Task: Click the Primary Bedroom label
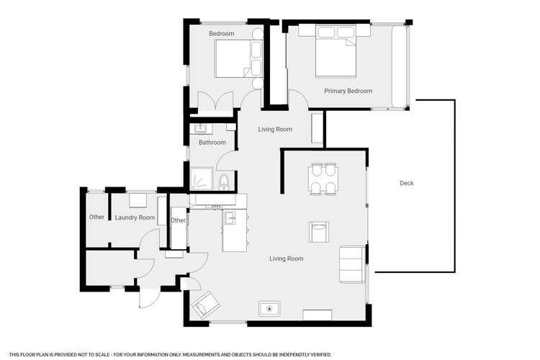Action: [348, 91]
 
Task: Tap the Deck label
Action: [406, 184]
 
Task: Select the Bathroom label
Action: [212, 143]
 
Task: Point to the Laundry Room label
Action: [135, 217]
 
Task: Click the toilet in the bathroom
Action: [224, 182]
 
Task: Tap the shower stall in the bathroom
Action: [202, 179]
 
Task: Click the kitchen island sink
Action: [230, 218]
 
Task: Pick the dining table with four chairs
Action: [323, 179]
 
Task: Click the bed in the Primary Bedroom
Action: [336, 50]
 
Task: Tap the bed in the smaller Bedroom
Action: [238, 58]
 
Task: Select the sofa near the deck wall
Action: [352, 264]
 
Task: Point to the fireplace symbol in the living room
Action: [269, 309]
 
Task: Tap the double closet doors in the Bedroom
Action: [215, 101]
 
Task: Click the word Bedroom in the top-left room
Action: [222, 34]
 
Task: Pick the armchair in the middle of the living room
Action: [318, 232]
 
